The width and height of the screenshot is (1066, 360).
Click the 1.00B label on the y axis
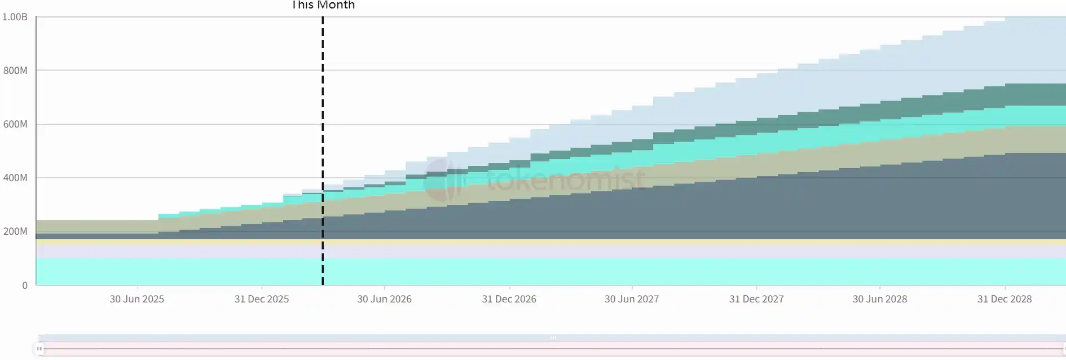coord(15,17)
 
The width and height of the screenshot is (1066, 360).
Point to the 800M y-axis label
coord(15,71)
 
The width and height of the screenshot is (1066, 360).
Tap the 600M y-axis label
coord(15,124)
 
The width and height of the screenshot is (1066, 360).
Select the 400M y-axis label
coord(15,178)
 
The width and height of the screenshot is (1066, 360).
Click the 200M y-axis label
coord(15,231)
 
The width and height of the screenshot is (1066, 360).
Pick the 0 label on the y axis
coord(25,286)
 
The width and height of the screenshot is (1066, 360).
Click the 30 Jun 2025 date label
coord(137,299)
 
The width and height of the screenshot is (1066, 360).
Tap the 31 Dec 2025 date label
coord(262,299)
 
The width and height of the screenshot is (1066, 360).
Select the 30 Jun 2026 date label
coord(384,299)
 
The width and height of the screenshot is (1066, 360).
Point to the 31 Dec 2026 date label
coord(509,299)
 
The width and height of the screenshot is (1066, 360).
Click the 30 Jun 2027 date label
coord(632,299)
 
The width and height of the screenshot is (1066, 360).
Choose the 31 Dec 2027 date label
coord(756,299)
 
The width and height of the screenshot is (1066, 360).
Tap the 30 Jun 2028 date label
coord(880,299)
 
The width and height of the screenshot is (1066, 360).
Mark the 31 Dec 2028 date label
coord(1005,299)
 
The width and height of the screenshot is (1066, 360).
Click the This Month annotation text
coord(323,5)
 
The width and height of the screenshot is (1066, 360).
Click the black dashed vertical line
coord(323,113)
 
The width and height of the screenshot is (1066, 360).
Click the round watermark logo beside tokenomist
coord(443,179)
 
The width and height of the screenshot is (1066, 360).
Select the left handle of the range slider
coord(39,349)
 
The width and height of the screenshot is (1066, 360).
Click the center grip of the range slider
coord(553,338)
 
